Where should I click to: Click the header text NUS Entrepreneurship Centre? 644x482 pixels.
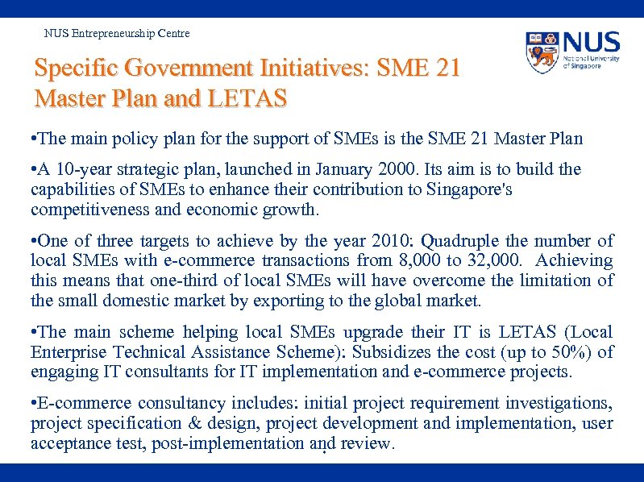point(117,33)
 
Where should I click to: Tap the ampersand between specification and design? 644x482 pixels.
point(189,423)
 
